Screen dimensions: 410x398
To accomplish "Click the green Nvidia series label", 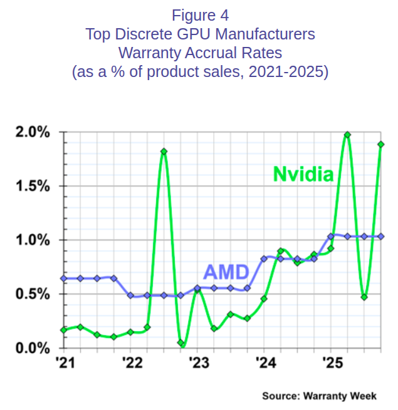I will tap(302, 174).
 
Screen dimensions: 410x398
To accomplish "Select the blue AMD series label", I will tap(227, 273).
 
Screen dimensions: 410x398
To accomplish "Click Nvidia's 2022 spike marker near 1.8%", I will tap(164, 151).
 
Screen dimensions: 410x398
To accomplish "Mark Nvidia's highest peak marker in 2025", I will tap(347, 135).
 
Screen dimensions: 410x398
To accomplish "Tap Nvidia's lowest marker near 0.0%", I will tap(181, 343).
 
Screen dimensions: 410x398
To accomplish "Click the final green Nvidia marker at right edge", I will tap(380, 145).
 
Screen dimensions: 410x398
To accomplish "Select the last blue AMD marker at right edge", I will tap(380, 236).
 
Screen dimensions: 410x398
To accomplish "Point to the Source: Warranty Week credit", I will tap(320, 396).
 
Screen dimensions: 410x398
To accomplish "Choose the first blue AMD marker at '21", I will tap(64, 278).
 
